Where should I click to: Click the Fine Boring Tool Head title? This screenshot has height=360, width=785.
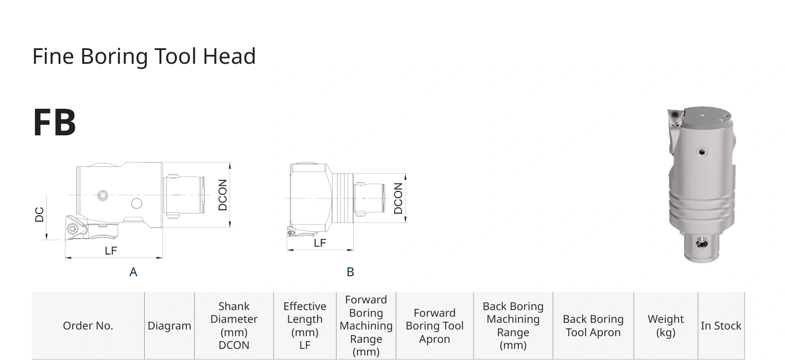(x=144, y=57)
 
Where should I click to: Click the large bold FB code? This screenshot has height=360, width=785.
(x=54, y=123)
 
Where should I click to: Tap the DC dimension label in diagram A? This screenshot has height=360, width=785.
(x=39, y=215)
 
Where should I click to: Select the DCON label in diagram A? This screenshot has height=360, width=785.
(x=222, y=195)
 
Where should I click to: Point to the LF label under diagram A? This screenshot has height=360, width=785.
(x=111, y=251)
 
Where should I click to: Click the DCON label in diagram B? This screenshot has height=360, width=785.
(x=398, y=199)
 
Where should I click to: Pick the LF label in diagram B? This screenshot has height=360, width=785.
(x=320, y=243)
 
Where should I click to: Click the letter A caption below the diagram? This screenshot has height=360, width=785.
(x=133, y=272)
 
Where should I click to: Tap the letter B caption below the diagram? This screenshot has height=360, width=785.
(x=350, y=272)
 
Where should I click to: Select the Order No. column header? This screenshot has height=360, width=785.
(x=88, y=326)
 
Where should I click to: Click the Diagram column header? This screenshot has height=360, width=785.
(x=169, y=326)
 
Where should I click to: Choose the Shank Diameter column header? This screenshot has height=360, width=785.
(x=234, y=326)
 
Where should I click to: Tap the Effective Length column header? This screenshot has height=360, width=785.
(x=304, y=326)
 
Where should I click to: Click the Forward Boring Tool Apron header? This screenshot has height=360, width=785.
(x=435, y=326)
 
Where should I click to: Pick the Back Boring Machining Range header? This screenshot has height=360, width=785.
(x=513, y=326)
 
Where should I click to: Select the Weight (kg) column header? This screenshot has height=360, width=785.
(x=665, y=326)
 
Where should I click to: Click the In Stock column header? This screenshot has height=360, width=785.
(x=721, y=326)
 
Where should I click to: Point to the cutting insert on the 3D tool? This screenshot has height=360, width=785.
(x=675, y=118)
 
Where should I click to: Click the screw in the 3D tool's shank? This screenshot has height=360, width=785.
(x=702, y=242)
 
